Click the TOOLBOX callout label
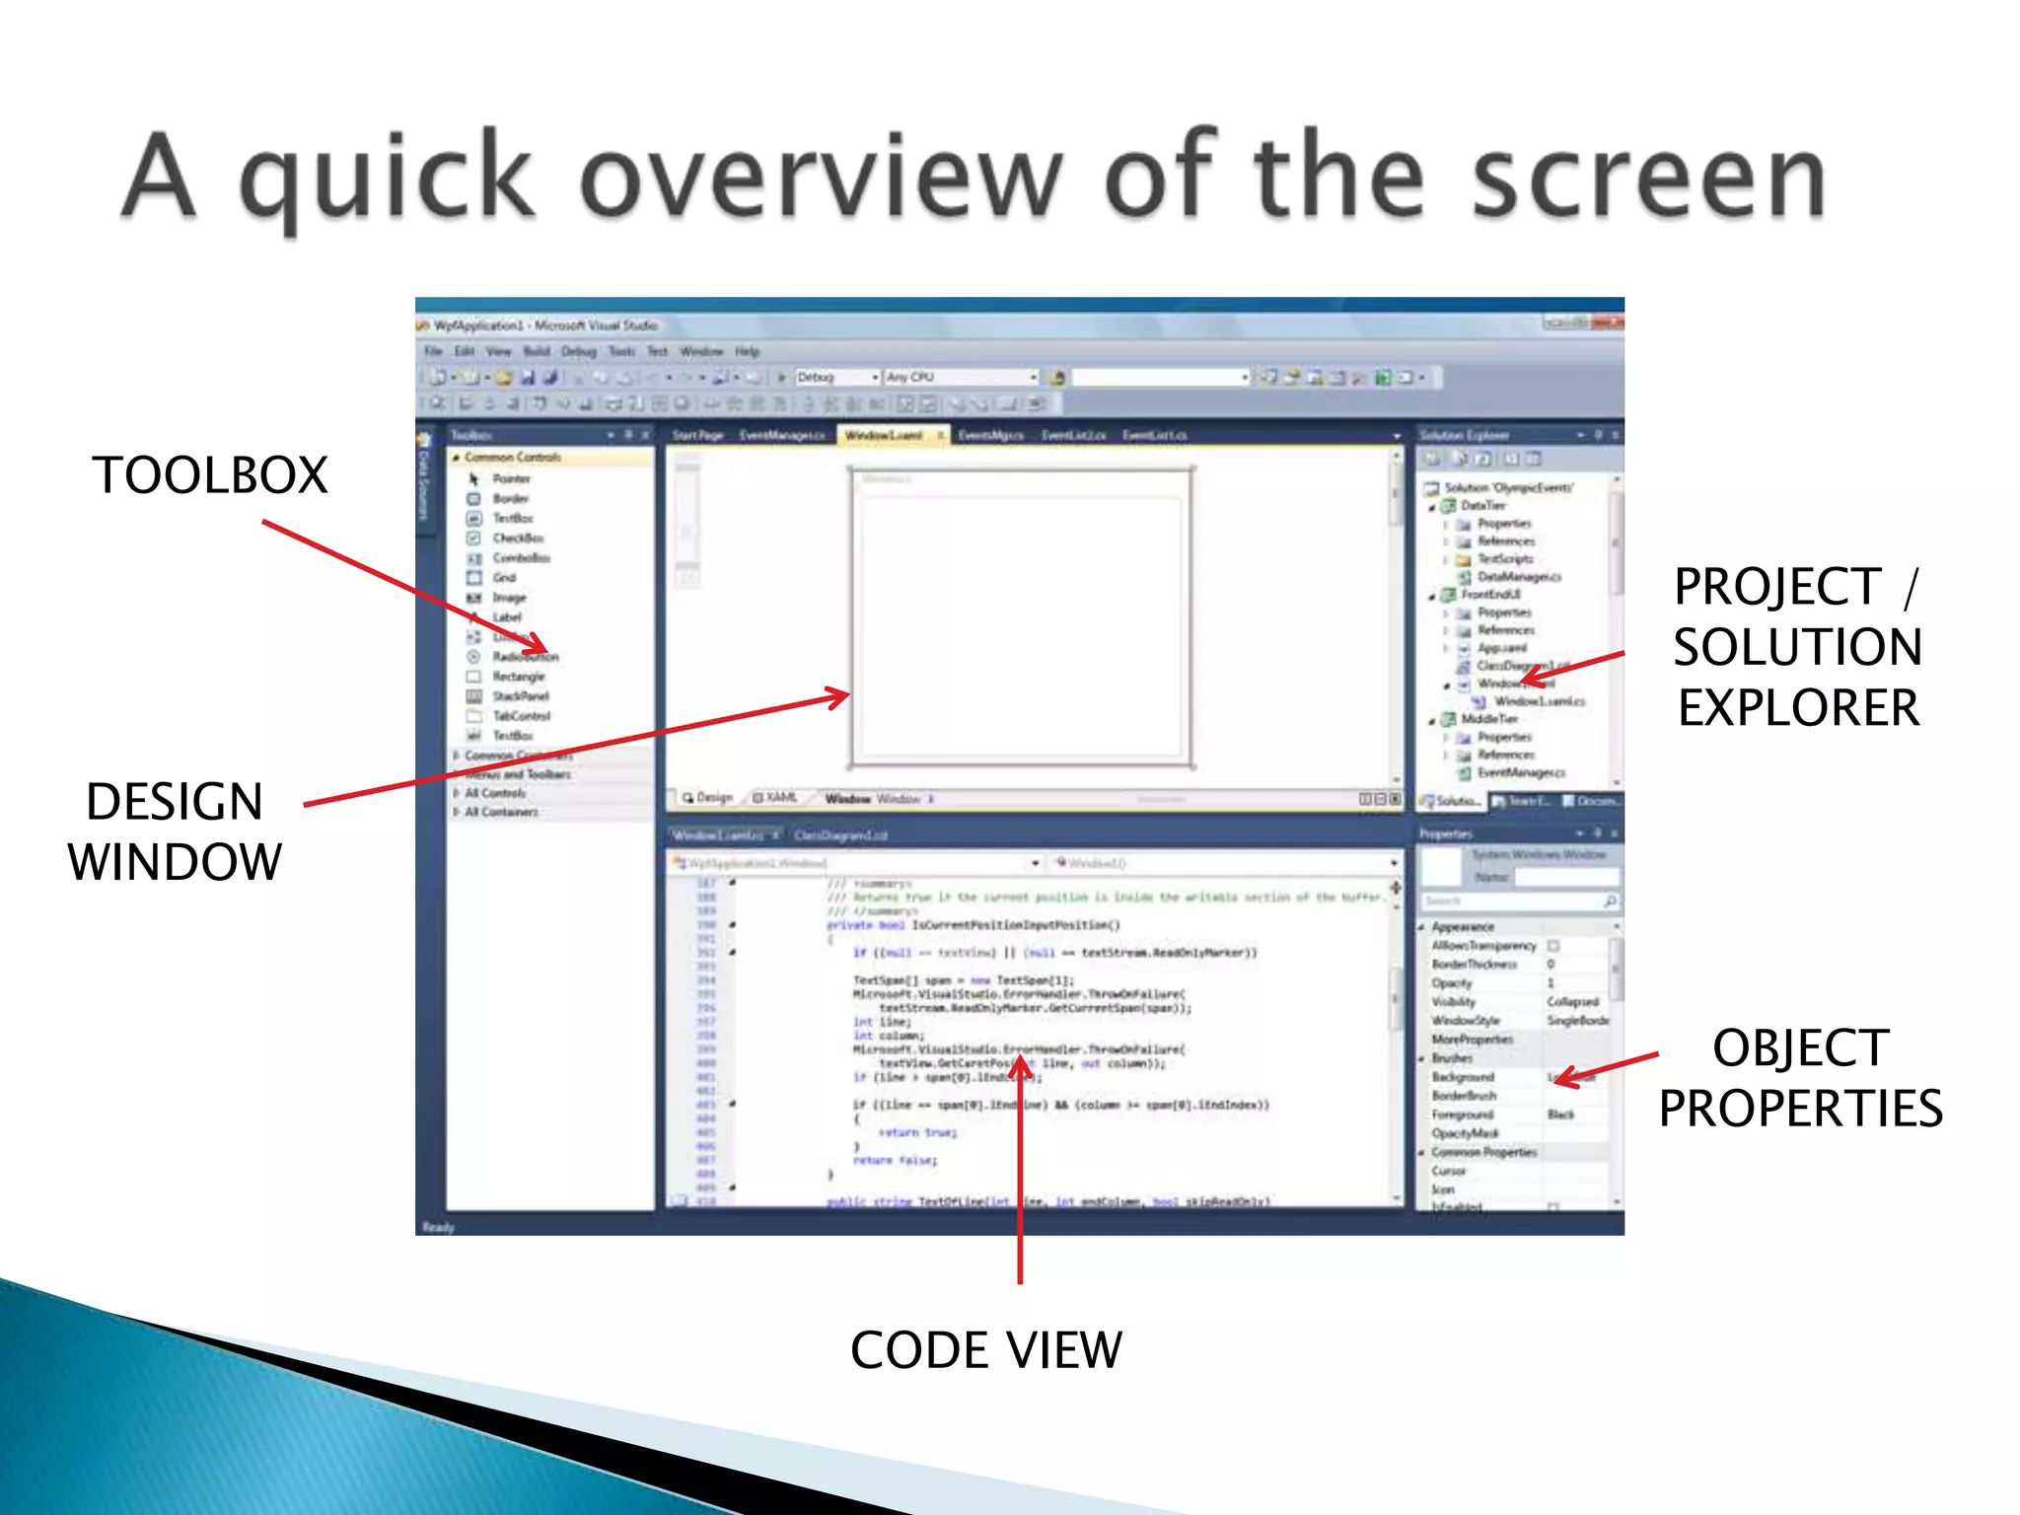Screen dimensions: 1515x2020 point(209,475)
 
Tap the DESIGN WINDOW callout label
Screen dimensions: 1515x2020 point(175,830)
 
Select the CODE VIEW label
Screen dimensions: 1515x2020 point(985,1350)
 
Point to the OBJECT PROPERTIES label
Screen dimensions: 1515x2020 point(1800,1078)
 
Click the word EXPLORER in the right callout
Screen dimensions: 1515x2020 point(1798,708)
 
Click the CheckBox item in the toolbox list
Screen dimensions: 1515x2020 point(518,538)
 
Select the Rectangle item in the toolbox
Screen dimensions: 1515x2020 point(518,677)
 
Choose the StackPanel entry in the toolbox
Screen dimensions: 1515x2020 point(520,696)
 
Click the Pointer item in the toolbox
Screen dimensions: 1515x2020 point(511,478)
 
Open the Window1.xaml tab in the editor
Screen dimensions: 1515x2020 point(884,435)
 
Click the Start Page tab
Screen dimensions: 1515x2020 point(697,435)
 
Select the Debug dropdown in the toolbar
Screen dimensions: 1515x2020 point(836,377)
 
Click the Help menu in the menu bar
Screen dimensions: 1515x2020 point(747,351)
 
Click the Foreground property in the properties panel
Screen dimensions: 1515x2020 point(1462,1115)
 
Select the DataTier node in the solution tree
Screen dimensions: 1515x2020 point(1482,505)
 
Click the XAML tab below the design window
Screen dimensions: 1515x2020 point(780,797)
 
